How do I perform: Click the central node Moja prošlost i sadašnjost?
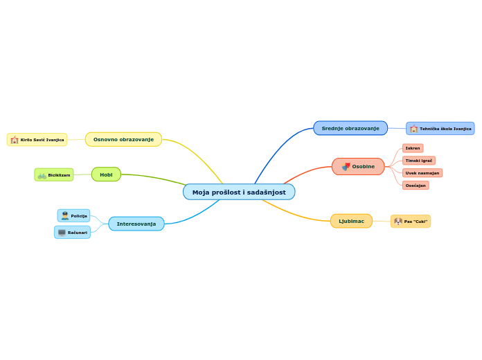tap(239, 192)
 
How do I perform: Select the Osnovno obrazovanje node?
tap(123, 139)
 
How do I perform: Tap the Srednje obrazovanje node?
tap(350, 128)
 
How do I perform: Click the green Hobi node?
tap(106, 174)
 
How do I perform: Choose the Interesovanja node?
tap(136, 224)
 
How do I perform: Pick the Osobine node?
tap(358, 166)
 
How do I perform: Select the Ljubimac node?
tap(351, 221)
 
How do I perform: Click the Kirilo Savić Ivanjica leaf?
tap(37, 140)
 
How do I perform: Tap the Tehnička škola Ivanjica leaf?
tap(440, 129)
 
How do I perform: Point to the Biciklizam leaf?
tap(54, 175)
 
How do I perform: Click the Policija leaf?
tap(74, 216)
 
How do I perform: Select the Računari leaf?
tap(73, 233)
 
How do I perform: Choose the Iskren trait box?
tap(413, 148)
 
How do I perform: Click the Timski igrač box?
tap(419, 161)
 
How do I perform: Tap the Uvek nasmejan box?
tap(422, 173)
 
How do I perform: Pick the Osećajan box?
tap(416, 186)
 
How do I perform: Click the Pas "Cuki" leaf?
tap(411, 222)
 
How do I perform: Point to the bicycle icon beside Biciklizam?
tap(42, 175)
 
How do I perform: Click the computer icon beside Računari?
tap(62, 233)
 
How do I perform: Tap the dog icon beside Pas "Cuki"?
tap(398, 222)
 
